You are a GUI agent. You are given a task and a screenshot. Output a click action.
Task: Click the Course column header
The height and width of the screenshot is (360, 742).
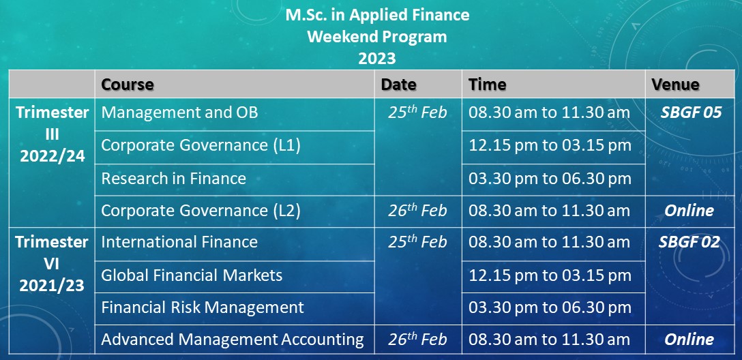128,85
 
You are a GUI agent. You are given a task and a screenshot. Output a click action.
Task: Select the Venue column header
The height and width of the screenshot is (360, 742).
675,85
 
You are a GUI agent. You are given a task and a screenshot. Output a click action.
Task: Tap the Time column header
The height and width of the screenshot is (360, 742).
488,85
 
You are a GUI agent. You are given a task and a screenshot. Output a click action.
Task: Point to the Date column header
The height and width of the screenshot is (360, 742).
398,85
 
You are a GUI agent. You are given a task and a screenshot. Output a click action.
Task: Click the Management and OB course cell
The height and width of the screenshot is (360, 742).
180,112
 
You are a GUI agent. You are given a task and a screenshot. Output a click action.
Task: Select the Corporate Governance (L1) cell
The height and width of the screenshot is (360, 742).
201,145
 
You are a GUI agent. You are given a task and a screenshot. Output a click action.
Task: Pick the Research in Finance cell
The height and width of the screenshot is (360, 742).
174,179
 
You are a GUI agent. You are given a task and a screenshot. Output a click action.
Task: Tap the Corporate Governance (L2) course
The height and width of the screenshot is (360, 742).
201,211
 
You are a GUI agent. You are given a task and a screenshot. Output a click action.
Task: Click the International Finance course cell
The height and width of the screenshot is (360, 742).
179,242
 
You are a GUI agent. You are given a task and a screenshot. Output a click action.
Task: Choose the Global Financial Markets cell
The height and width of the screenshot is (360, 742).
192,275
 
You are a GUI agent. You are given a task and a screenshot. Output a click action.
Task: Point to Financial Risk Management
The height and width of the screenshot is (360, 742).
203,307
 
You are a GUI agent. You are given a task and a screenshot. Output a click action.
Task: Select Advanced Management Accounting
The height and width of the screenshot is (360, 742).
233,339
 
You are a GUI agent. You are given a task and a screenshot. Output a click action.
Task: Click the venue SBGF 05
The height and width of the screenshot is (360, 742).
692,112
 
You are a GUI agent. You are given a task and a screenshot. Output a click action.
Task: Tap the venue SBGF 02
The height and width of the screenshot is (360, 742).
689,242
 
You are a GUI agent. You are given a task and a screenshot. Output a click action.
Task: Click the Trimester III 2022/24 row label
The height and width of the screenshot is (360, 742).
52,134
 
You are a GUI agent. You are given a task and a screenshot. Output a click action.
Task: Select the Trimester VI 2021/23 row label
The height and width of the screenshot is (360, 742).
52,263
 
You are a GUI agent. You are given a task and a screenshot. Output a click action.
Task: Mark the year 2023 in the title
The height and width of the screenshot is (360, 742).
376,58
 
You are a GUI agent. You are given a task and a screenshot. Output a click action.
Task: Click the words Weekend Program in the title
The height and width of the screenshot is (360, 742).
376,36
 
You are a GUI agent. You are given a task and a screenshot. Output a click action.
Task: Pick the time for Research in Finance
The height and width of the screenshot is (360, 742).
550,179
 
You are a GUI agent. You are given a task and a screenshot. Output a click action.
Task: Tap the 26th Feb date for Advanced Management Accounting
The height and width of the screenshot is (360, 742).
417,339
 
